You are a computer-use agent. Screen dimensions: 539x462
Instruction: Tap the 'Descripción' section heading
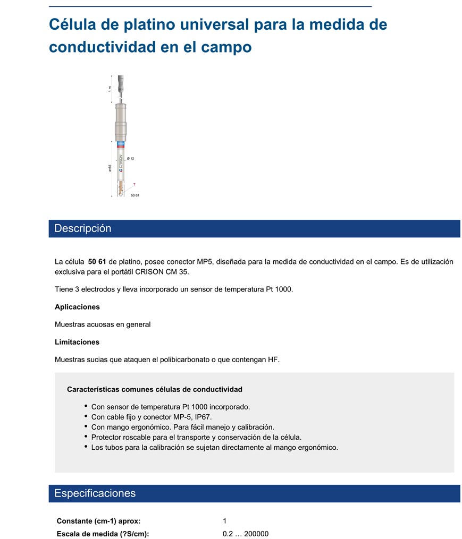83,228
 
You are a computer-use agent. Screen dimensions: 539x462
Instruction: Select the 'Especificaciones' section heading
95,493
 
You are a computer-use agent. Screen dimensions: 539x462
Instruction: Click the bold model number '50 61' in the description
97,261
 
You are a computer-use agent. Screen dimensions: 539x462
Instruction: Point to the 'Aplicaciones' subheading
77,307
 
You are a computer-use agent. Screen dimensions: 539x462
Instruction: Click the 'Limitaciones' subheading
77,342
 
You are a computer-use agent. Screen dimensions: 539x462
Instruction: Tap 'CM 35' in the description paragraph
178,272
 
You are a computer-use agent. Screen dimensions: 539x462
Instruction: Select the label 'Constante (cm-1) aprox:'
98,521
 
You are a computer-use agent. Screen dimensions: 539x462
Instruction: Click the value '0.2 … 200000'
246,534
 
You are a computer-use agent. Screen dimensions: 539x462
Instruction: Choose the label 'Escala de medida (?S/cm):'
103,534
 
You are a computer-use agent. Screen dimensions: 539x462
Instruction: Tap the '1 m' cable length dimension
110,88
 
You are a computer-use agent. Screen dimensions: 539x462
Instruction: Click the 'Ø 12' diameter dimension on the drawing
131,158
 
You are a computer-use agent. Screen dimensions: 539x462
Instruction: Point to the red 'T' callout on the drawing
134,184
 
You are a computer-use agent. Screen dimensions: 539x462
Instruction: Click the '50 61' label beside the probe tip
135,195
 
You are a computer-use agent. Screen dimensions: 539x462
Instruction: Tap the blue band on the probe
121,143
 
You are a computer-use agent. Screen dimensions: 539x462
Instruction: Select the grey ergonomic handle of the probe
121,119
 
